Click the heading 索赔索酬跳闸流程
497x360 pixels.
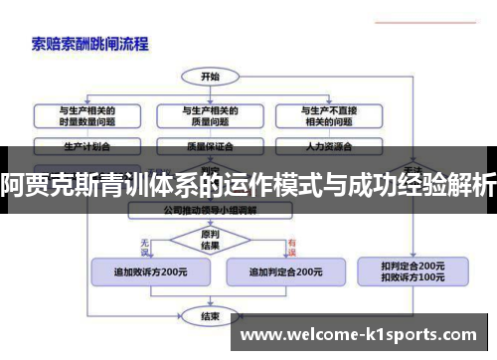(x=90, y=43)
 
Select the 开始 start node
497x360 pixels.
(x=210, y=76)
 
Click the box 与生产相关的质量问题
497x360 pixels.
(x=211, y=115)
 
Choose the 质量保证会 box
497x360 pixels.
(x=211, y=145)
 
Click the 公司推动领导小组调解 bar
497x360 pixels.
(x=210, y=211)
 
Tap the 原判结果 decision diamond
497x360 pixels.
(x=210, y=240)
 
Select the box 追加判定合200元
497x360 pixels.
(x=284, y=270)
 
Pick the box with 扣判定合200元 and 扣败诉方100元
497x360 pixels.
(x=413, y=270)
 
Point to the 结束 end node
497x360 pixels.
(x=210, y=317)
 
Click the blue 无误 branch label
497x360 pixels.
(x=145, y=244)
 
